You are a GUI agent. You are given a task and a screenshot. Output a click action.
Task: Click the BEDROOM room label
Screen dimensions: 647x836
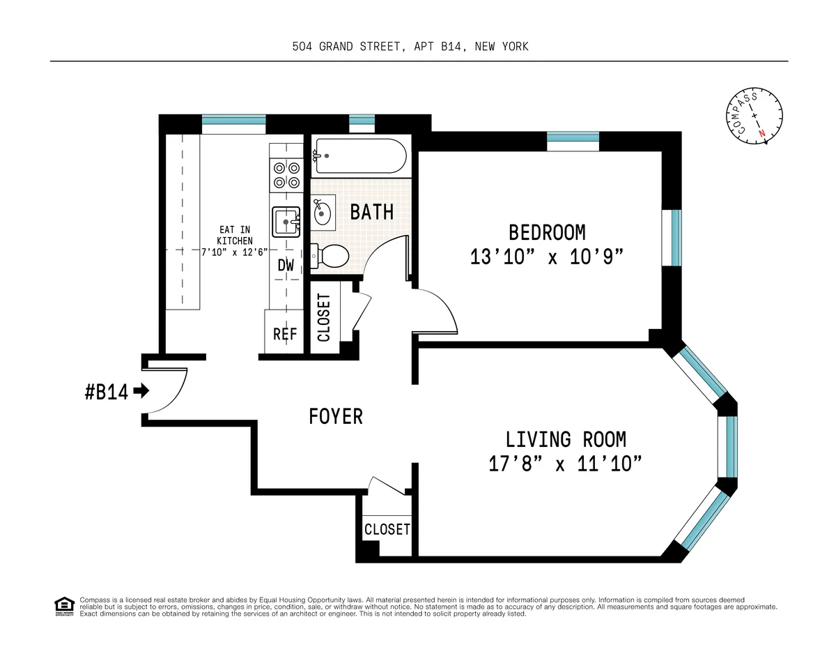pos(547,232)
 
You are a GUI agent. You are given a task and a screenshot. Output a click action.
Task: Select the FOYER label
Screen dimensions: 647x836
pos(336,416)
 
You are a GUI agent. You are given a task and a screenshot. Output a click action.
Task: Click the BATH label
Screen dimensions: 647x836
pos(371,212)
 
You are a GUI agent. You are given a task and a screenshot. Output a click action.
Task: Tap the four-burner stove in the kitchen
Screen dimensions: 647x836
pos(286,175)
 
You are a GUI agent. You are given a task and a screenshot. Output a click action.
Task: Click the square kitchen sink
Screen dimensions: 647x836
pos(286,222)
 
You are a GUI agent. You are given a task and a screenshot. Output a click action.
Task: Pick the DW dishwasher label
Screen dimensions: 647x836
pos(286,266)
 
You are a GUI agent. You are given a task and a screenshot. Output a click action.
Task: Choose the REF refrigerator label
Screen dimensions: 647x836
pos(285,335)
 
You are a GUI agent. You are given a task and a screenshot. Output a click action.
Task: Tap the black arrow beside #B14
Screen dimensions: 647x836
pos(141,391)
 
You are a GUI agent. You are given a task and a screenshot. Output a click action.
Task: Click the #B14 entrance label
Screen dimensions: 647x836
pos(107,392)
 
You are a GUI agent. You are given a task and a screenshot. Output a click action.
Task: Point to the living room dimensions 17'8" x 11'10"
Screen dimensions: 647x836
pos(565,464)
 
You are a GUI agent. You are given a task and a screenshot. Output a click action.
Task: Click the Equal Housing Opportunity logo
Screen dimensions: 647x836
pos(63,607)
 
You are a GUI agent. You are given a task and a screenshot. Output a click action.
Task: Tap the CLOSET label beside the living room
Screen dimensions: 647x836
pos(387,530)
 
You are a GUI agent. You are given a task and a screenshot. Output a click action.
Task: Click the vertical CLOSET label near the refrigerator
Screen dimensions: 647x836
pos(324,318)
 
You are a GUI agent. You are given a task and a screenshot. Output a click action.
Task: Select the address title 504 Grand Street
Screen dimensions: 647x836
pos(410,47)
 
